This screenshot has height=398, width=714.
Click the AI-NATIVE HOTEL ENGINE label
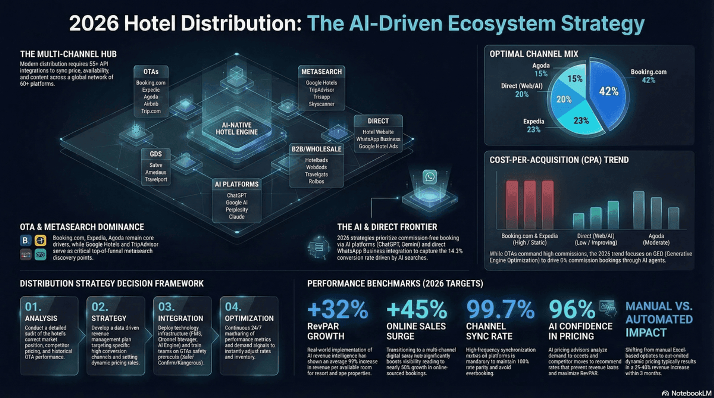point(237,129)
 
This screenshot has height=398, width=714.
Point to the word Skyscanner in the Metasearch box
point(321,104)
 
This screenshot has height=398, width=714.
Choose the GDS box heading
point(156,154)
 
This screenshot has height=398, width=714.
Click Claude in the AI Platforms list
point(237,217)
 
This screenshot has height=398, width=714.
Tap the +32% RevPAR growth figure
point(338,309)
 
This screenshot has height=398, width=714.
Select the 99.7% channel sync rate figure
point(500,309)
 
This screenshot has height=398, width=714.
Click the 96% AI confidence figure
point(572,309)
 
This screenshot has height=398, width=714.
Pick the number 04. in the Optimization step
point(233,307)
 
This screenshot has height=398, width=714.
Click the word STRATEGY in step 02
point(109,318)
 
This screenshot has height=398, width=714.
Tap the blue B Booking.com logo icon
point(25,240)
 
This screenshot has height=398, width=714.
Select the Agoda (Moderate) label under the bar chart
point(656,239)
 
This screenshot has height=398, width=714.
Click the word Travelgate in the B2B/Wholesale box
point(316,174)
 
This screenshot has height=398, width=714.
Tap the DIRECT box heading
point(378,121)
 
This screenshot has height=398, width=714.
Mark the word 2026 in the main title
point(94,23)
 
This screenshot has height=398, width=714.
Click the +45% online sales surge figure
point(416,309)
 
